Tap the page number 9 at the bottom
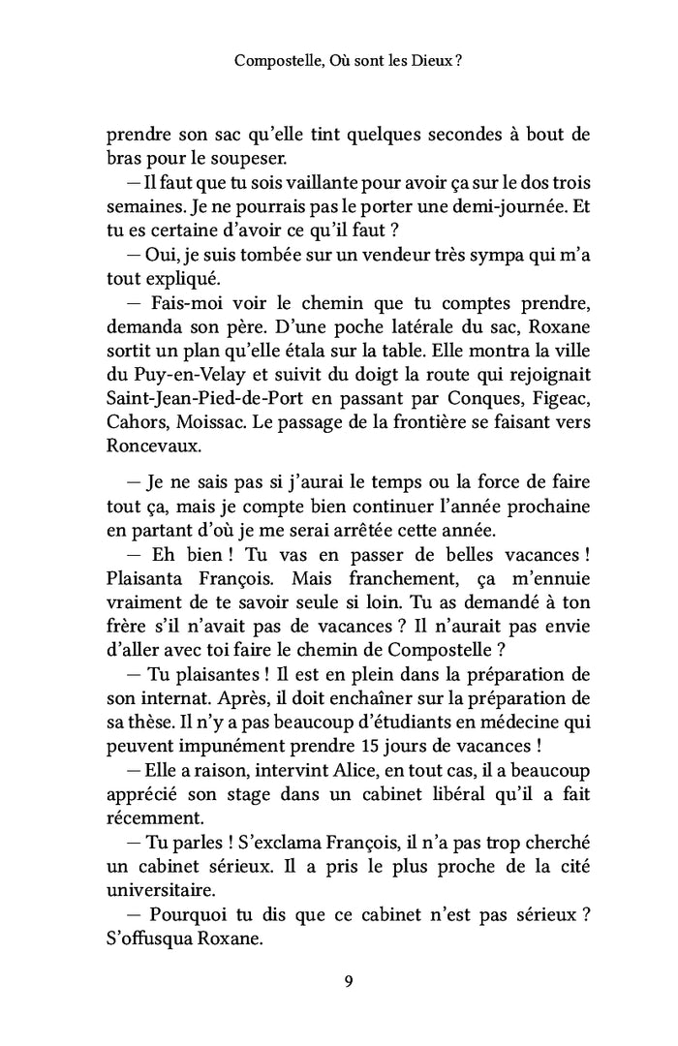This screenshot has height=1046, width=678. click(x=348, y=980)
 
